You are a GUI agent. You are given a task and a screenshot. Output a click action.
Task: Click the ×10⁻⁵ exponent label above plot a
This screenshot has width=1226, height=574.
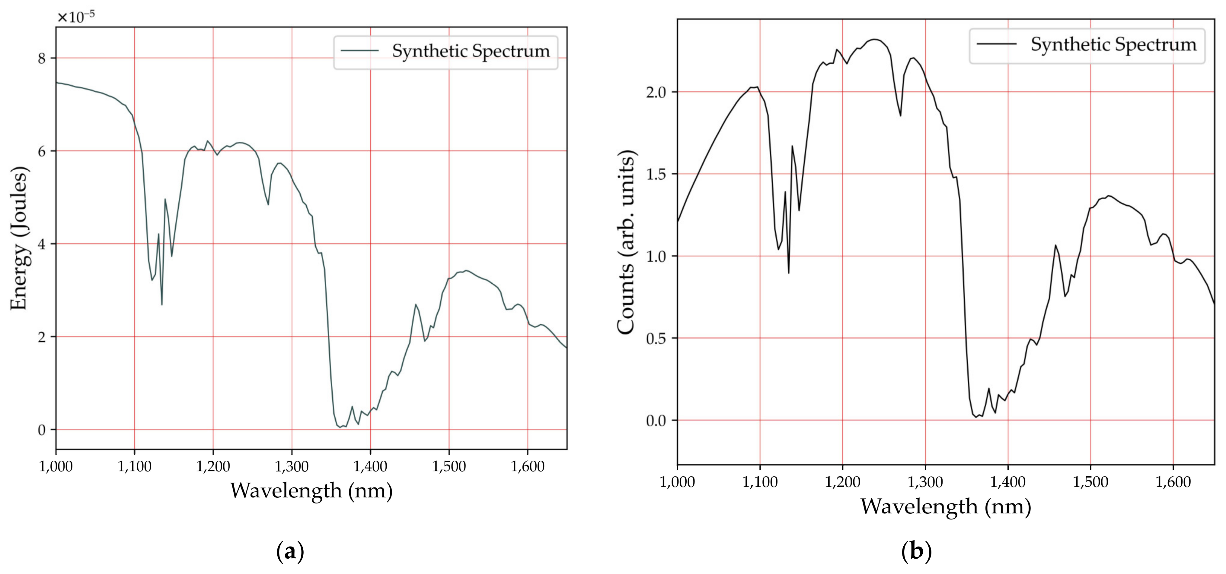[76, 17]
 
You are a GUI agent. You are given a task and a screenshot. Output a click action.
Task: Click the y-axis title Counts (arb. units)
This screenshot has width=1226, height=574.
[626, 243]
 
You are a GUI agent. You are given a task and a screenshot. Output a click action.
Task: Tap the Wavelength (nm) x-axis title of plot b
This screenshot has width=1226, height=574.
[945, 506]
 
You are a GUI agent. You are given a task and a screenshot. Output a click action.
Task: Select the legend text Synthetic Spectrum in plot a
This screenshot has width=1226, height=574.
[470, 51]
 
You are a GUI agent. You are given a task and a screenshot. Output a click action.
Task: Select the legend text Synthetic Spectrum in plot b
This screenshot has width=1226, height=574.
[1113, 45]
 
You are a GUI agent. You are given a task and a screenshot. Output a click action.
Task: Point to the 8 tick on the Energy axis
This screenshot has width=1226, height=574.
[42, 58]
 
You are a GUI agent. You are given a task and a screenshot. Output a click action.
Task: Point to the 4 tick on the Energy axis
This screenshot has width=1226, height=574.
[42, 244]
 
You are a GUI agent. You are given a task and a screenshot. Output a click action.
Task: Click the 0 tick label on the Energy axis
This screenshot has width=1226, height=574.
[42, 430]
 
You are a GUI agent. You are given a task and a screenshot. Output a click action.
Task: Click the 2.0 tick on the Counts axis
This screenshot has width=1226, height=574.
[656, 92]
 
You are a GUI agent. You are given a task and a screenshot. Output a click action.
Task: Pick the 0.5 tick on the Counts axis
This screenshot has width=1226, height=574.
[656, 339]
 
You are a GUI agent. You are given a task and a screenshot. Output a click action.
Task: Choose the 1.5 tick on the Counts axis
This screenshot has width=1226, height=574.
[656, 174]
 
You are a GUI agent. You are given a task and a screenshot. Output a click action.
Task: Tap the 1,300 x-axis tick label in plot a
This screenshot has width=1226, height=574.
[291, 466]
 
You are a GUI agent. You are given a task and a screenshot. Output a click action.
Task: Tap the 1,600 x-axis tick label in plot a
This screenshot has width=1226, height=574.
[527, 466]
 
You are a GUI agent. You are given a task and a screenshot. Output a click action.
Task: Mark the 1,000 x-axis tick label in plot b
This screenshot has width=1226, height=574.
[677, 482]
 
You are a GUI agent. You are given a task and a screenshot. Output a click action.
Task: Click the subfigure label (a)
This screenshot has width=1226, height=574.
[290, 552]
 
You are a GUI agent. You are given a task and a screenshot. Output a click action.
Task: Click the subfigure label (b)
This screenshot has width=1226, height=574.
[916, 552]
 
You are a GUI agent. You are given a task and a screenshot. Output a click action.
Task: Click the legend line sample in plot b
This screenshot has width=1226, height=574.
[997, 44]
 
